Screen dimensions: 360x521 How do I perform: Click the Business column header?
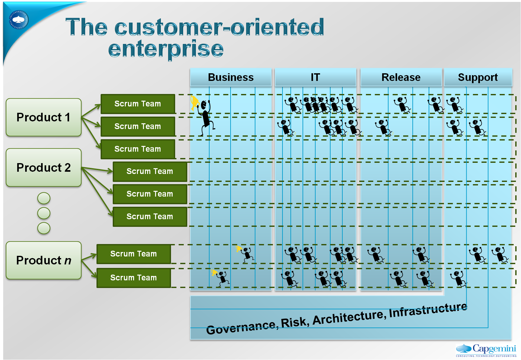point(231,77)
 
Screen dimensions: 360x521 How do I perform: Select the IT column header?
point(315,77)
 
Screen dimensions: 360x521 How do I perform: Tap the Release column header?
point(401,77)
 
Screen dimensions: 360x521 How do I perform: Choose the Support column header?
point(478,77)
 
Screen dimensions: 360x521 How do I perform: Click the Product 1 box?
point(44,117)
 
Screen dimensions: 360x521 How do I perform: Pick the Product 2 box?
point(44,168)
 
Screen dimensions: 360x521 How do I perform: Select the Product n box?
point(44,260)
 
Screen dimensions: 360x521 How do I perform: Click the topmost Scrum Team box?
point(138,104)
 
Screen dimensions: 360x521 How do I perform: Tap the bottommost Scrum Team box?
point(133,278)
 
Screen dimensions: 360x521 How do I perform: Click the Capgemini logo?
point(486,350)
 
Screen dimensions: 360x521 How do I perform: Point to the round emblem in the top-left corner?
point(18,20)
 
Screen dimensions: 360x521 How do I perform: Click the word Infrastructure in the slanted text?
point(428,310)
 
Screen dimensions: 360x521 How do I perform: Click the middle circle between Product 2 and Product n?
point(44,213)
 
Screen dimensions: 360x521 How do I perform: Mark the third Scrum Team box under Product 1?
point(138,149)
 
